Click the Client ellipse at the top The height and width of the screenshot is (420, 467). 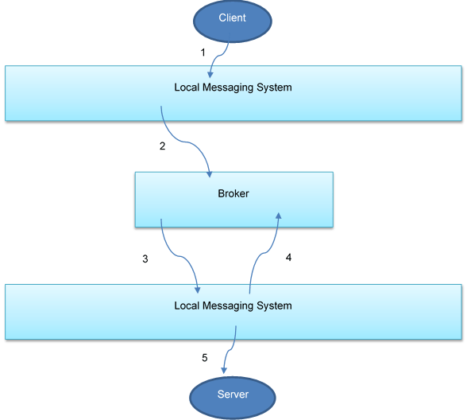coord(233,18)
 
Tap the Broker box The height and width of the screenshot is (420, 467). coord(234,199)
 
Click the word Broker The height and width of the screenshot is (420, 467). coord(234,193)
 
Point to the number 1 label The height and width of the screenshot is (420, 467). coord(203,52)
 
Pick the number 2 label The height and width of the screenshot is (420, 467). coord(162,146)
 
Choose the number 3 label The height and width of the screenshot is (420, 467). coord(145,259)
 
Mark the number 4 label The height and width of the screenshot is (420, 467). coord(288,258)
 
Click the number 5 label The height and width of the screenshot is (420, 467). coord(204,358)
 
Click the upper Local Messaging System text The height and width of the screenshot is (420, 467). coord(233,87)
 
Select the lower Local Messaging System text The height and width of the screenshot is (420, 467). coord(233,305)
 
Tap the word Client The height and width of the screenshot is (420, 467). coord(233,17)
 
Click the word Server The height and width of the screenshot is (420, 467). coord(233,395)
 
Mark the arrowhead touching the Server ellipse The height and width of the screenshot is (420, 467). coord(225,371)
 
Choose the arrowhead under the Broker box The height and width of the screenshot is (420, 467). coord(278,216)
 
